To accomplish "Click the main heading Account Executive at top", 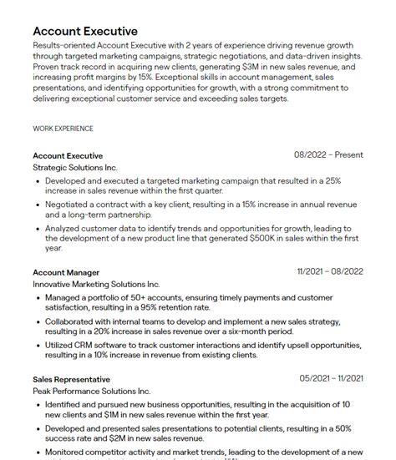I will click(x=85, y=31).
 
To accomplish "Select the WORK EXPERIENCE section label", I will click(x=63, y=129).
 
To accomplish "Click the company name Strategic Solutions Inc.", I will click(x=75, y=168).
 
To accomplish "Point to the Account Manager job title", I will click(x=66, y=272).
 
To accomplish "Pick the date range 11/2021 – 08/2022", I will click(x=330, y=271).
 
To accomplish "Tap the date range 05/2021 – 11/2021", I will click(x=332, y=378).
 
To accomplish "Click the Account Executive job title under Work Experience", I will click(x=68, y=155).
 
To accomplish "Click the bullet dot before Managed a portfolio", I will click(x=37, y=296).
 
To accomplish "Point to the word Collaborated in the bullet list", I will click(x=75, y=321).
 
